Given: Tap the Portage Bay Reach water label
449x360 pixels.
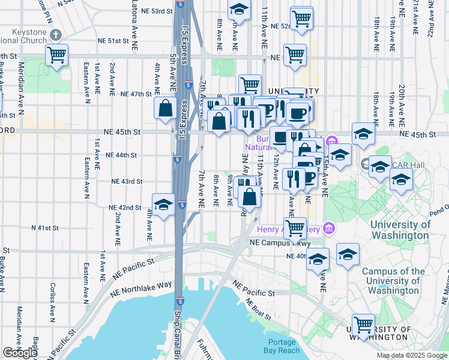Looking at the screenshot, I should (280, 346).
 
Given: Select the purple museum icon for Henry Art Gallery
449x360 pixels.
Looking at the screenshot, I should (328, 228).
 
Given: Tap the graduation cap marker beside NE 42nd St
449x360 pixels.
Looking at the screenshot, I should (163, 205).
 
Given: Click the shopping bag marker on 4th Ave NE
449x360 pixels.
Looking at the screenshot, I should (165, 109).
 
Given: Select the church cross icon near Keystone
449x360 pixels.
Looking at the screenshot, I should (56, 35).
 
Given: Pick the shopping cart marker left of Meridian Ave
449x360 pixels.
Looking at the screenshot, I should (57, 55).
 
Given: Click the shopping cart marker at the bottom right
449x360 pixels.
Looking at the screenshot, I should (363, 325).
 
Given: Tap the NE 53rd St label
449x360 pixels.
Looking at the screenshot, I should (150, 11).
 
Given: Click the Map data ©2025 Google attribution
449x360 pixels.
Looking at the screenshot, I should (412, 355).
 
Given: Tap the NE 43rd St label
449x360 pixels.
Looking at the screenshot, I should (127, 181).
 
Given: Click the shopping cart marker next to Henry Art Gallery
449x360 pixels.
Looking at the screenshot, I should (295, 227).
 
